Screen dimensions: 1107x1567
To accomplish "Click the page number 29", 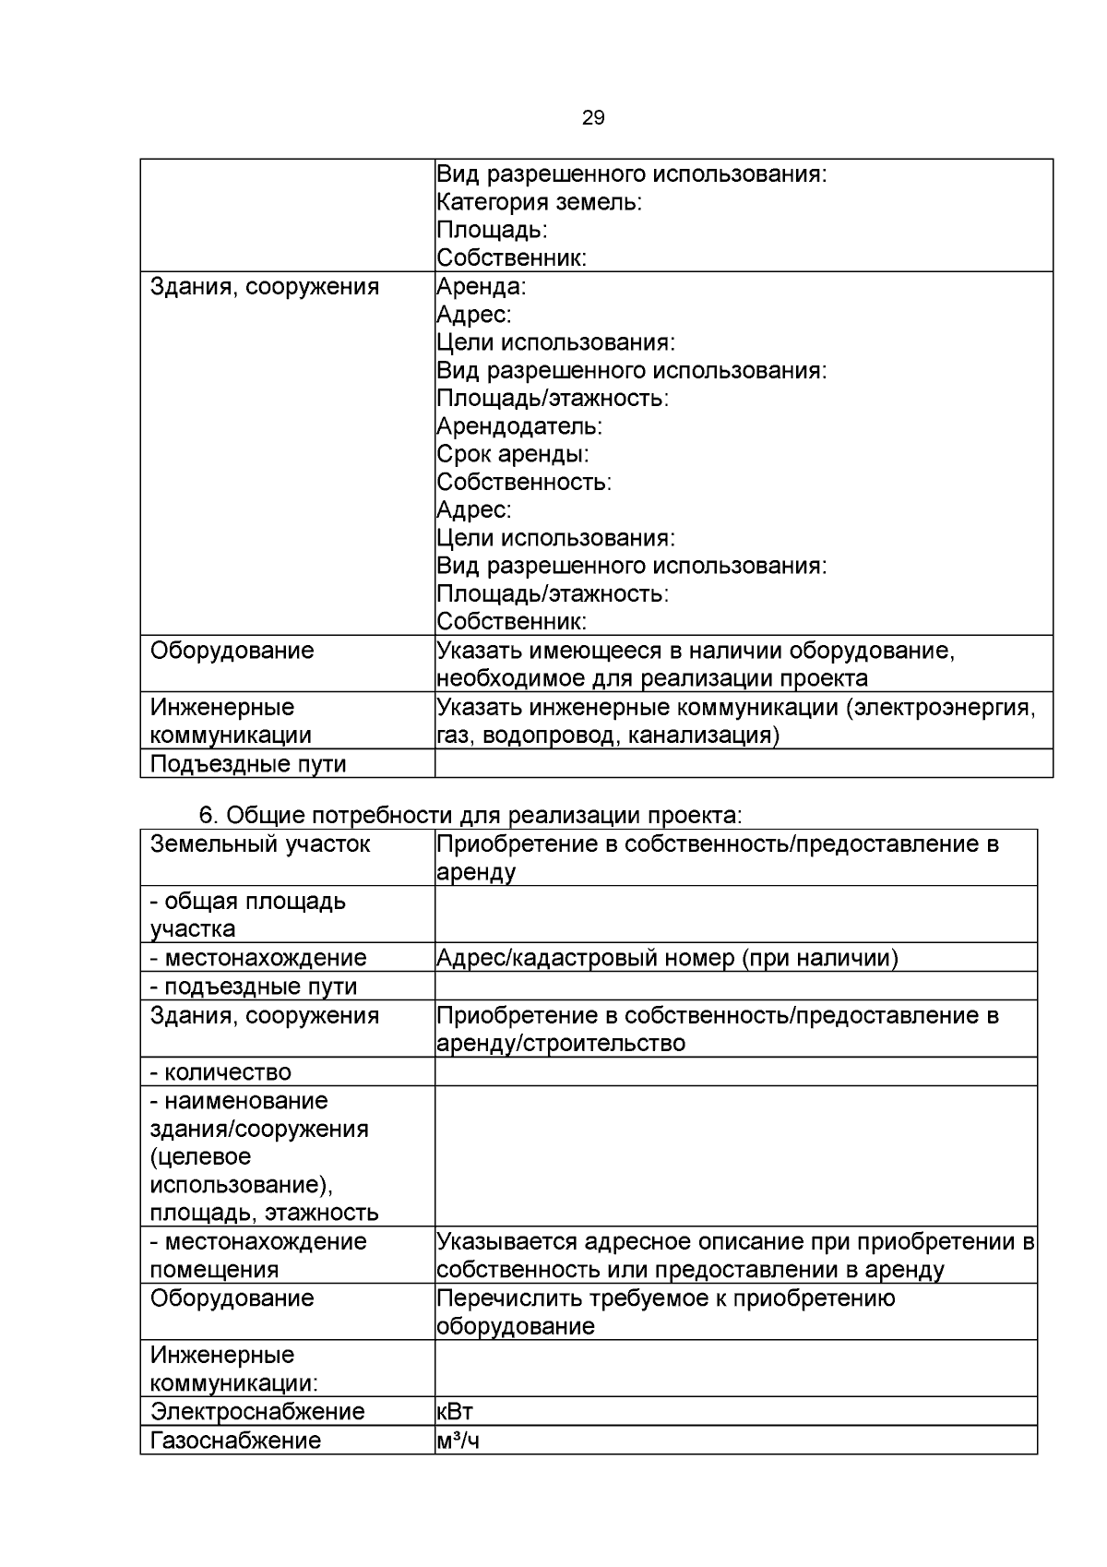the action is [x=593, y=117].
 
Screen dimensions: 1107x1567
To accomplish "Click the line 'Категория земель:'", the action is [x=539, y=202].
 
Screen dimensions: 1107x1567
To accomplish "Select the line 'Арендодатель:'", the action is [x=518, y=426].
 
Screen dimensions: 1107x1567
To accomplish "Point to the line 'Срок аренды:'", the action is [x=512, y=454].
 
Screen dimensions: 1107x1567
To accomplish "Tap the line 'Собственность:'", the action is [x=523, y=482].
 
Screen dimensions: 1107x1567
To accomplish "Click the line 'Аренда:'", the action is [x=481, y=286].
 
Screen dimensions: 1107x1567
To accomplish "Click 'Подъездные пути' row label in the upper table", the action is [x=248, y=764].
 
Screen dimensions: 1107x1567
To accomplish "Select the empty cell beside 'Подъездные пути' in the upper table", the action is [x=743, y=763].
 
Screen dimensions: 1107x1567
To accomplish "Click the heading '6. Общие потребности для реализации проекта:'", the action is [x=470, y=816].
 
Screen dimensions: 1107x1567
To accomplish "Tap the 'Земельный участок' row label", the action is [x=260, y=843].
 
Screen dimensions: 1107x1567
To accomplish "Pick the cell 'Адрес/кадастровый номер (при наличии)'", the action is [x=666, y=958].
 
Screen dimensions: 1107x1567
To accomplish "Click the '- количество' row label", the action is [x=220, y=1072].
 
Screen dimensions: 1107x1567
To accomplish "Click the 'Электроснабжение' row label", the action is [x=257, y=1411].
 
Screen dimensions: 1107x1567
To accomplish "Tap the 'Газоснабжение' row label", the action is [x=235, y=1441].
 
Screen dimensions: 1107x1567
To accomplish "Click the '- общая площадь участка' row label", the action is [x=247, y=915].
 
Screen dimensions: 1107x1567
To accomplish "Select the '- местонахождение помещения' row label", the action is [x=257, y=1255].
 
